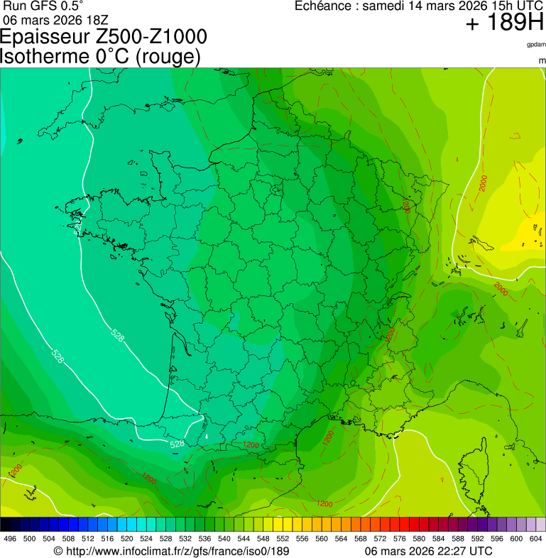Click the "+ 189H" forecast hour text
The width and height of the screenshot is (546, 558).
tap(504, 23)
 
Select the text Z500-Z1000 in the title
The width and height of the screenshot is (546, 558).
tap(155, 37)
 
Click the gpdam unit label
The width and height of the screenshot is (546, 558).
tap(535, 45)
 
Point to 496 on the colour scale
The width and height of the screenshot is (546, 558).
tap(10, 539)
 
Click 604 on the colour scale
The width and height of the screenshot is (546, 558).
tap(536, 539)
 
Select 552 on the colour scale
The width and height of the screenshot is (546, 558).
tap(283, 539)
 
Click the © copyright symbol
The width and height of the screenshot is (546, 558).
tap(59, 551)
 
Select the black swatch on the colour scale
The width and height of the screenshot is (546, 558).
tap(6, 525)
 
